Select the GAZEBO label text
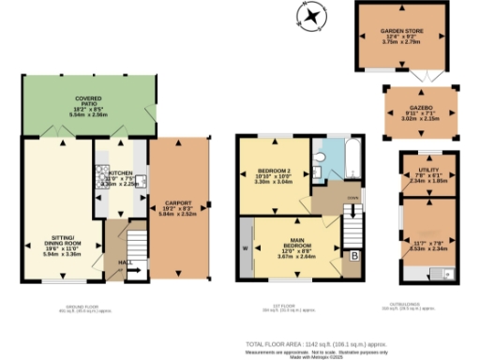(419, 109)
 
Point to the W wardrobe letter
(246, 248)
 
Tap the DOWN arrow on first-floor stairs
(352, 210)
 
